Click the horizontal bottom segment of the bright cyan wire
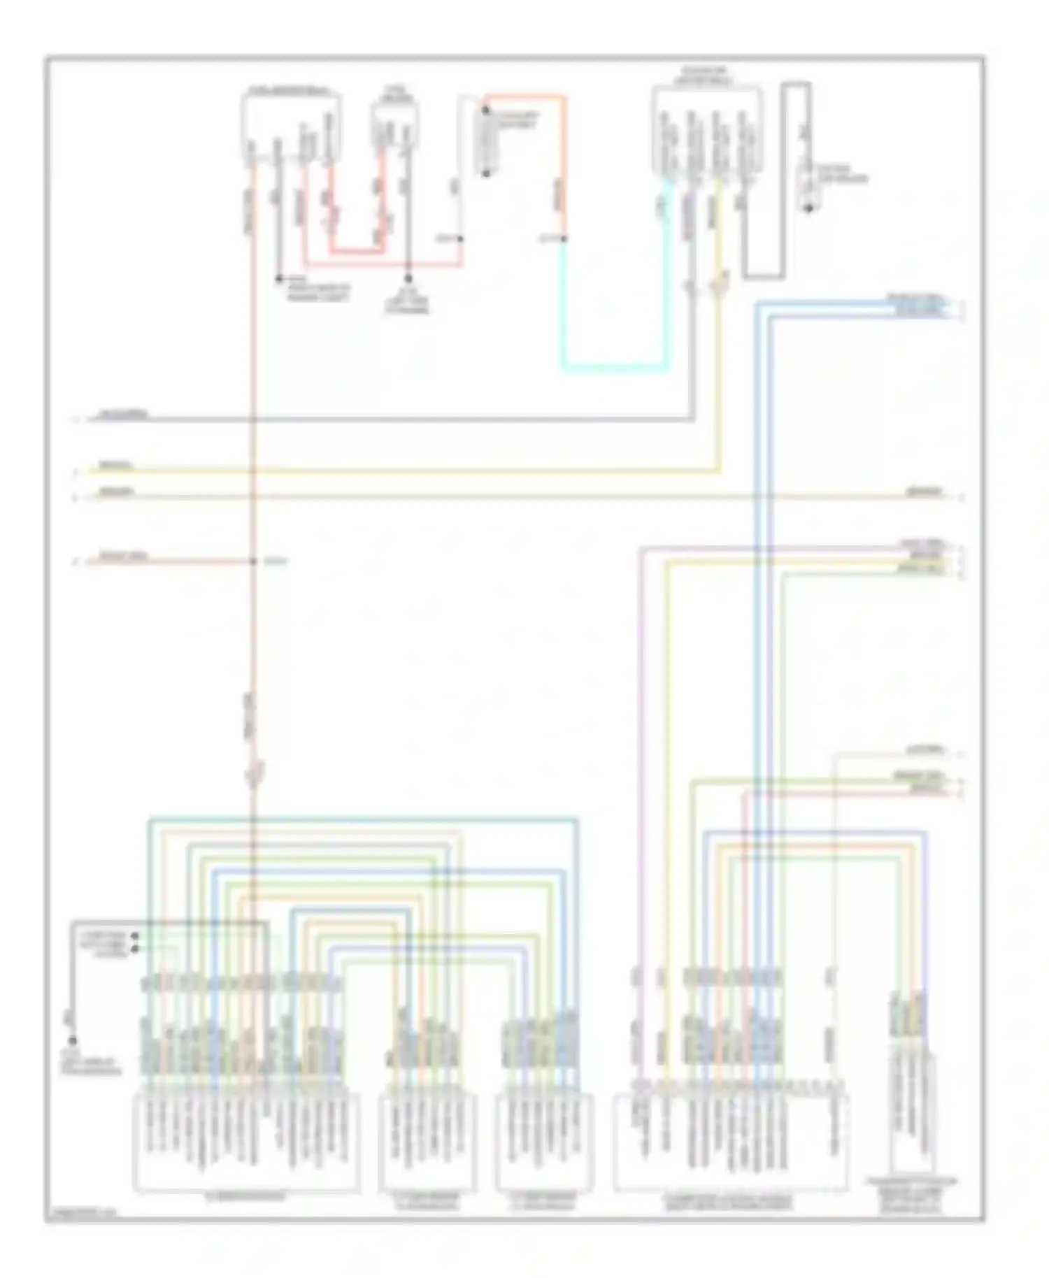pyautogui.click(x=614, y=366)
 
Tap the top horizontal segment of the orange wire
pyautogui.click(x=524, y=96)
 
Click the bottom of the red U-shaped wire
pyautogui.click(x=357, y=250)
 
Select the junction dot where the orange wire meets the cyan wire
pyautogui.click(x=564, y=238)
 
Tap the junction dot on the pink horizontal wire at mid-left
pyautogui.click(x=253, y=561)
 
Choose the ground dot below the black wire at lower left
pyautogui.click(x=71, y=1041)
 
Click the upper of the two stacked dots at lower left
pyautogui.click(x=135, y=935)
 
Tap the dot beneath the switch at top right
pyautogui.click(x=809, y=208)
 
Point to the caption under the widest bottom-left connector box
pyautogui.click(x=246, y=1196)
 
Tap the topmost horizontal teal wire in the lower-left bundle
pyautogui.click(x=364, y=818)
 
